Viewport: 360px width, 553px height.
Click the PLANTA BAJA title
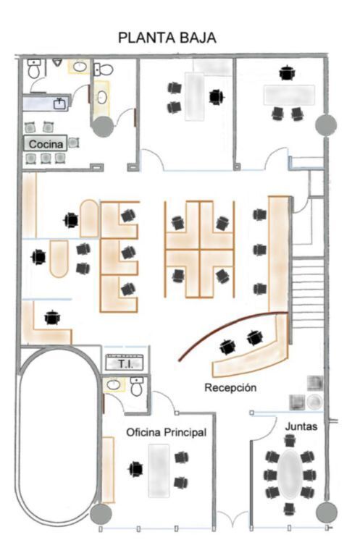pos(167,38)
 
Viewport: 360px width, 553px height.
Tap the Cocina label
pos(46,144)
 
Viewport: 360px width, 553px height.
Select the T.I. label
pos(125,363)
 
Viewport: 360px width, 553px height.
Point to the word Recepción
pos(230,387)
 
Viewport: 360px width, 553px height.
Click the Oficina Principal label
pos(166,432)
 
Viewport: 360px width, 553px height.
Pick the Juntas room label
pos(301,426)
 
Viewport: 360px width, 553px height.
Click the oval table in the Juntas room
pos(290,474)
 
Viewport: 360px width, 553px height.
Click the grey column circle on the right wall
pos(326,124)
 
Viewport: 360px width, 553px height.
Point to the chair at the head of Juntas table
pos(290,441)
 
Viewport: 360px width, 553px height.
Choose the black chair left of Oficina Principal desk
pos(135,469)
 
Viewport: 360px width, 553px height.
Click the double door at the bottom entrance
pos(233,520)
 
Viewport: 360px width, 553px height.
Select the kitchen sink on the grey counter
pos(59,104)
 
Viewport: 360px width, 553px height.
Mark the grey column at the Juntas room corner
pos(327,512)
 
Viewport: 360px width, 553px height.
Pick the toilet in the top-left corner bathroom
pos(34,69)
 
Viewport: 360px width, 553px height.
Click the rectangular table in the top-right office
pos(289,95)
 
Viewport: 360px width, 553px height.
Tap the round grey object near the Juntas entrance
pos(314,402)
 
